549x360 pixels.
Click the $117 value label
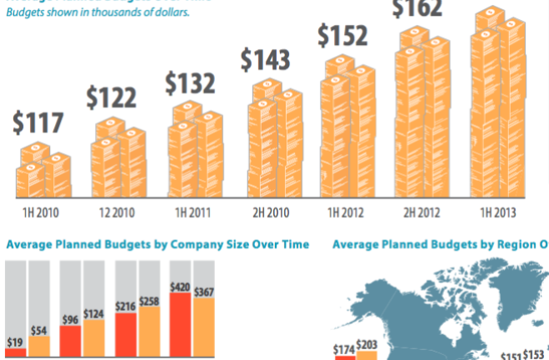38,123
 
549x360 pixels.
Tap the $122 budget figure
111,98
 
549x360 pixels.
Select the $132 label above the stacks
190,83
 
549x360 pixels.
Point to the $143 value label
266,60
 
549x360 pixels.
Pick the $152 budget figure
342,37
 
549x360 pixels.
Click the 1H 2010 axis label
40,212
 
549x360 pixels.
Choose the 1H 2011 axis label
190,212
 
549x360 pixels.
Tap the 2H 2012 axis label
417,212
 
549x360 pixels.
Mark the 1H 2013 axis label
492,212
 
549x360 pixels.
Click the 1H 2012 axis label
342,212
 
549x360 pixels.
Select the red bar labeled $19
15,353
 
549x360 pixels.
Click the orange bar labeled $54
39,347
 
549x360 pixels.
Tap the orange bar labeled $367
204,329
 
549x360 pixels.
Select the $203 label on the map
367,344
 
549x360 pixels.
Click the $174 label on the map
343,347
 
